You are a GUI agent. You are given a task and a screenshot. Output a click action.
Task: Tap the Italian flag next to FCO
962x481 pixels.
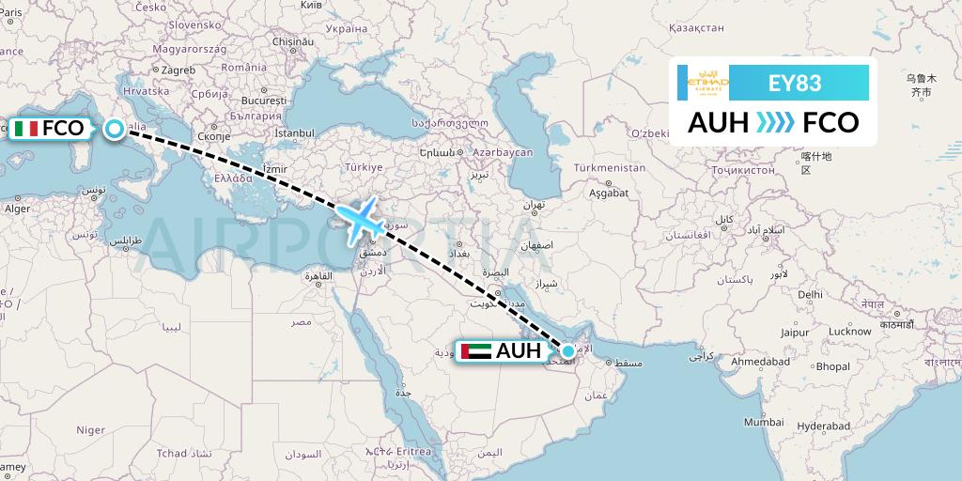(26, 129)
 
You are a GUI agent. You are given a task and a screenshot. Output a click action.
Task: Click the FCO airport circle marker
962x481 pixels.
(115, 129)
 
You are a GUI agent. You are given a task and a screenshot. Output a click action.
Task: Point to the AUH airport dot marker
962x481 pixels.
(567, 351)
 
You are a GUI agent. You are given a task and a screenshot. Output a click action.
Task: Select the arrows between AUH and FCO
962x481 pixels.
(775, 122)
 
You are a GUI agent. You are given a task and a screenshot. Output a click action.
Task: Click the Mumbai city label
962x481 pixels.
(763, 422)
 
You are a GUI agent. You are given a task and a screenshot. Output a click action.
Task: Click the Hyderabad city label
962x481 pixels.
(824, 425)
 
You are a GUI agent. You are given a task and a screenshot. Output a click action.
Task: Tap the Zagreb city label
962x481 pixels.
(177, 70)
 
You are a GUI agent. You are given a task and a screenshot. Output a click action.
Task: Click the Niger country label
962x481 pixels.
(90, 429)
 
